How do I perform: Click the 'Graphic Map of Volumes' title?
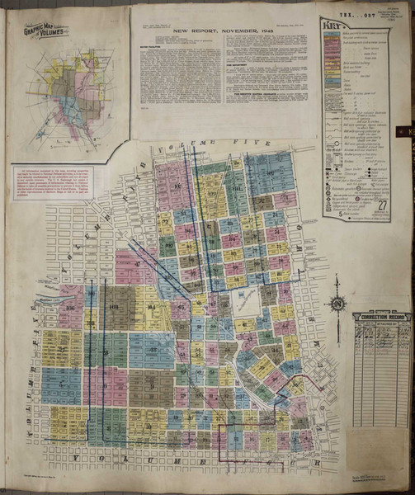click(x=45, y=34)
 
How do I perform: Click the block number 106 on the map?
click(x=69, y=309)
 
